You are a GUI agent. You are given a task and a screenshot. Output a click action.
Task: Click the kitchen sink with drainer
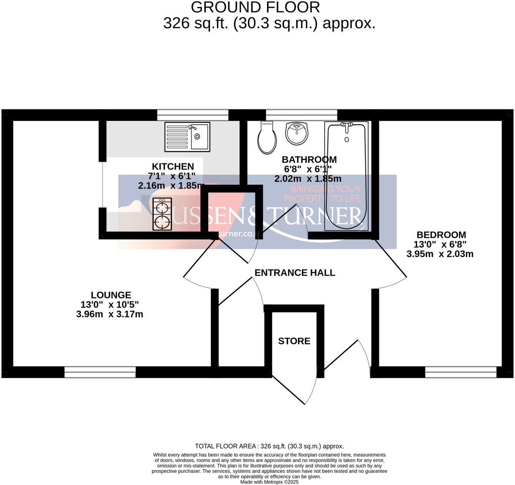tap(187, 136)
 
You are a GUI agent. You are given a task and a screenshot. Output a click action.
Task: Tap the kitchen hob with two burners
tap(162, 214)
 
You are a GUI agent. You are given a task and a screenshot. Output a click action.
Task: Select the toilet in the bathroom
tap(267, 137)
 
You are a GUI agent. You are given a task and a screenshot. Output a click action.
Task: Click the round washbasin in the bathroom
tap(297, 133)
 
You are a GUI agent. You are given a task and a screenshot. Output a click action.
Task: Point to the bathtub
tap(346, 176)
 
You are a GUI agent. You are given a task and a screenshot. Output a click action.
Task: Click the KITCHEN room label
tap(173, 166)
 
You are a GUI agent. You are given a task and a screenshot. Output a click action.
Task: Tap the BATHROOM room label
tap(309, 159)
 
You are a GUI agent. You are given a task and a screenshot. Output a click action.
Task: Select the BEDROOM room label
tap(441, 235)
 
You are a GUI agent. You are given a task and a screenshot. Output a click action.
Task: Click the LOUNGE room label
tap(111, 295)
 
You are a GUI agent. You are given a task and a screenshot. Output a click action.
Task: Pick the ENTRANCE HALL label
tap(294, 272)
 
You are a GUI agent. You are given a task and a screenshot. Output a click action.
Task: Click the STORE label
tap(294, 341)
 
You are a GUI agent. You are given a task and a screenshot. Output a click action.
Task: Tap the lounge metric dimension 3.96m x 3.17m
tap(110, 314)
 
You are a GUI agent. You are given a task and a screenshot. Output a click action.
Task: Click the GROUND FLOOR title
tap(255, 7)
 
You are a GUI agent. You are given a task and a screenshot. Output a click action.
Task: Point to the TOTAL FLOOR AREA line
tap(269, 446)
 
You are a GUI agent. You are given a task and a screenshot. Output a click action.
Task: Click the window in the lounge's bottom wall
tap(100, 372)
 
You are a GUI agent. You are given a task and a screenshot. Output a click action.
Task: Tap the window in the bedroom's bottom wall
tap(461, 372)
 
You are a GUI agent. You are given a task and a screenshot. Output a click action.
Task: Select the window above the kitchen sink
tap(192, 115)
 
